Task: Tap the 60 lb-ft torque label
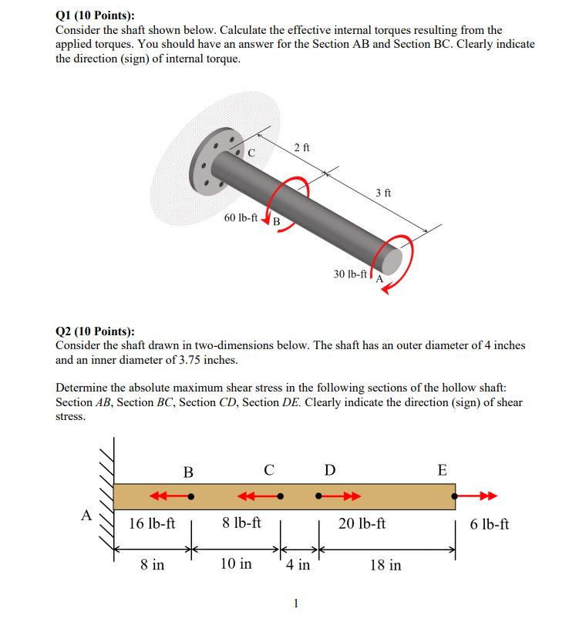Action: [241, 218]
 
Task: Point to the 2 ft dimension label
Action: [302, 146]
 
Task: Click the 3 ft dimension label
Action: [383, 193]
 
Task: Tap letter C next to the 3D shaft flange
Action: [251, 152]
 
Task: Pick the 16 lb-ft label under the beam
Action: [152, 524]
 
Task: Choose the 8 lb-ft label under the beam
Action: [241, 524]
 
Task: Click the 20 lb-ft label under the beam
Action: [362, 524]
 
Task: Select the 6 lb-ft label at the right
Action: [489, 524]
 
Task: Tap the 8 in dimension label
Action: [152, 565]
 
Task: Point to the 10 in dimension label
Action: [236, 564]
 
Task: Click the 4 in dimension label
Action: [298, 565]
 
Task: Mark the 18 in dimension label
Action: [386, 565]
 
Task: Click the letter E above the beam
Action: [442, 470]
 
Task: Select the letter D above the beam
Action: [330, 470]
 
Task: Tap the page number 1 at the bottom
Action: [295, 603]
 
